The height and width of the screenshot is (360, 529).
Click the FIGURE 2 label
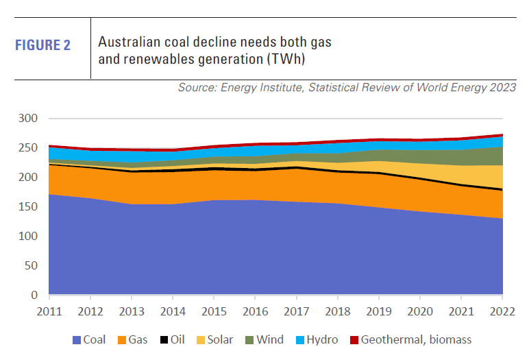click(43, 46)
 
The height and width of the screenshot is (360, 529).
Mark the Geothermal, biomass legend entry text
click(415, 339)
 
